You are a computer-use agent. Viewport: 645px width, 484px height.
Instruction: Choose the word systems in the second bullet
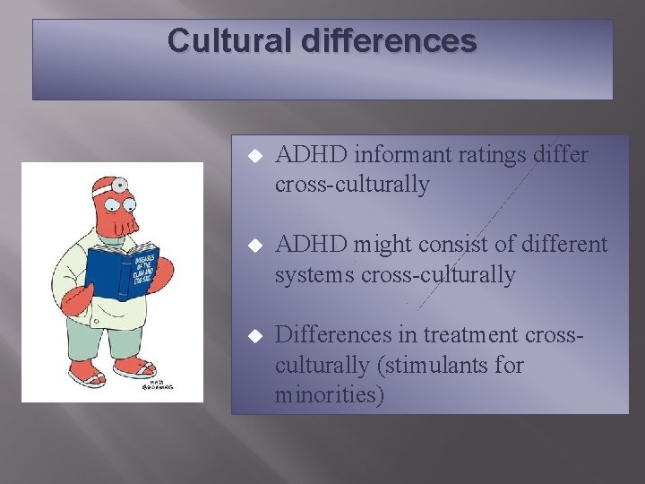tap(314, 275)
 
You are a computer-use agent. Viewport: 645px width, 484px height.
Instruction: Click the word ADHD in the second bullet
tap(311, 245)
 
